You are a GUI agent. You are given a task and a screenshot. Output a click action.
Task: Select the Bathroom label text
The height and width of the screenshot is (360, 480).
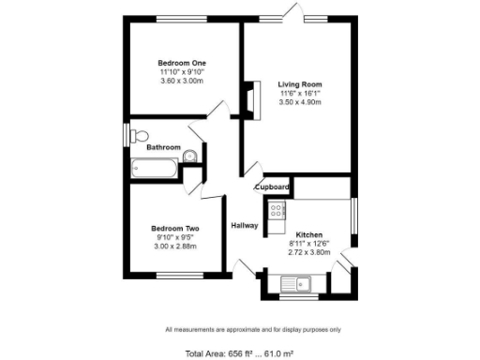163,146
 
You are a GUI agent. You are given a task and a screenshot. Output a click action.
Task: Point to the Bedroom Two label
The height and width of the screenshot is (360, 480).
175,227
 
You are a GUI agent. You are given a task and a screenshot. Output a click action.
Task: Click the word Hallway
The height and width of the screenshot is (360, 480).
245,225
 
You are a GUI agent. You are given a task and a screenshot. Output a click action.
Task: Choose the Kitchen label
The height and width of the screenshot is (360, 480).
309,234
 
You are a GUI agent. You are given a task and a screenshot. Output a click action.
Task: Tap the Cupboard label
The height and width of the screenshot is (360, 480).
272,187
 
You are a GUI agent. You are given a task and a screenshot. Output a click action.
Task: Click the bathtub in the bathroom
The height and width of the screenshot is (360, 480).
155,169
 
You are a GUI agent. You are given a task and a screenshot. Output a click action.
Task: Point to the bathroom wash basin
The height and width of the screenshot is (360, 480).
189,156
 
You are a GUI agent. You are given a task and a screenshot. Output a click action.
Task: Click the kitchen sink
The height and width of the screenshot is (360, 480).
302,282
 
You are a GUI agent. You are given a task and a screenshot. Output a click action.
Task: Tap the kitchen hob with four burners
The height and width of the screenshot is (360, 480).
277,211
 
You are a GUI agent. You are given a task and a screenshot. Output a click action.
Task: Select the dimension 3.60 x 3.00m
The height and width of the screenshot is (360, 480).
182,81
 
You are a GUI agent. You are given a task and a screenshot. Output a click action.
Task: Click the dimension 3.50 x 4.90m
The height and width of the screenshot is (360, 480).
300,102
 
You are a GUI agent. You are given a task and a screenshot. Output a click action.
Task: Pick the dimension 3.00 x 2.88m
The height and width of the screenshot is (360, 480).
175,245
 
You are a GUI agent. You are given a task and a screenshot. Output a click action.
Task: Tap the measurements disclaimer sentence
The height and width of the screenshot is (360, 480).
253,330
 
